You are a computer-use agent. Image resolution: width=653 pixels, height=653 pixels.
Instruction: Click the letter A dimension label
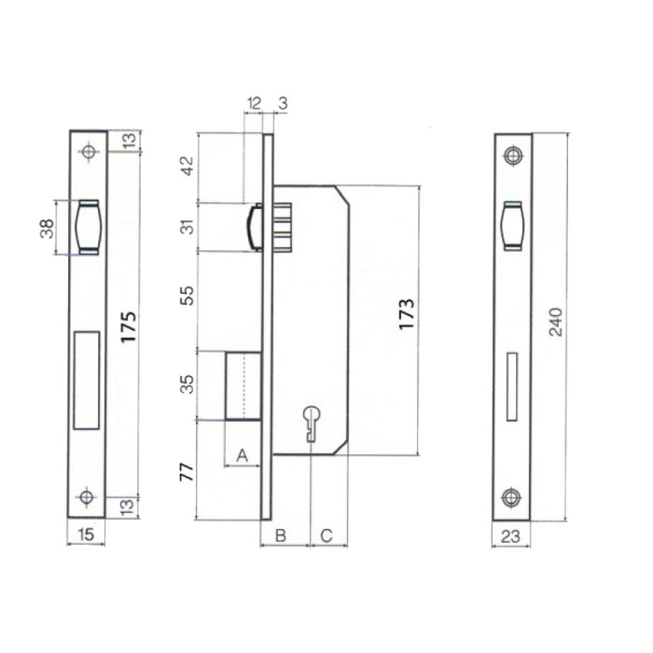pos(242,455)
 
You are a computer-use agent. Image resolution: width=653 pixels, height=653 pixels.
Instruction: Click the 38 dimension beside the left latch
pos(46,229)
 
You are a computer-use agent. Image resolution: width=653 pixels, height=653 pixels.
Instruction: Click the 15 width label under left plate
pos(85,535)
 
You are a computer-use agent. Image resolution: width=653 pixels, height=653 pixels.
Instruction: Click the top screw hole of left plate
pos(89,152)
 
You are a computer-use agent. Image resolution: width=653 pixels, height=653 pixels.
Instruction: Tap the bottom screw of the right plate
pos(511,497)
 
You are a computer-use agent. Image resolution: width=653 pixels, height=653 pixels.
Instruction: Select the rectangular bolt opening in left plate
pos(87,379)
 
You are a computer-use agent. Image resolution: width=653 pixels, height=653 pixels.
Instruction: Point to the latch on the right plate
pos(511,226)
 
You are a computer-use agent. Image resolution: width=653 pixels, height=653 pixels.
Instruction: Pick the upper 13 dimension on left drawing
pos(128,140)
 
